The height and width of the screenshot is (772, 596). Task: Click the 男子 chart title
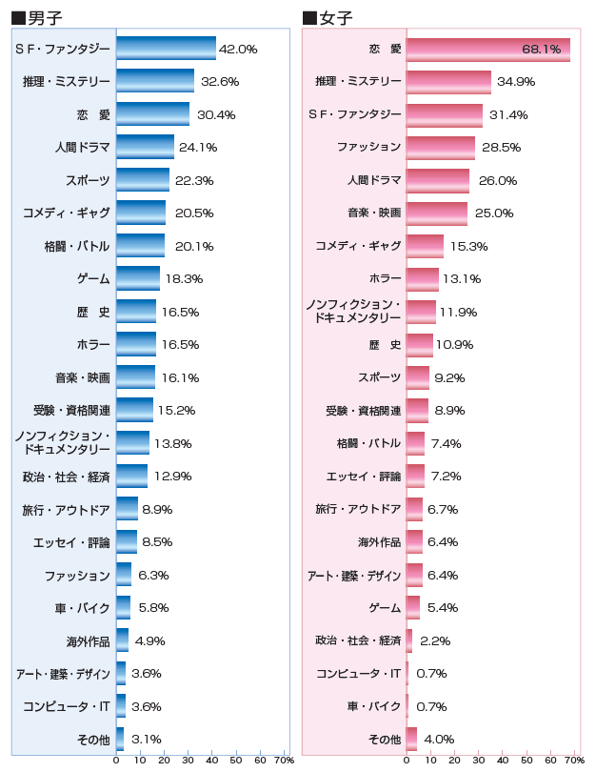[x=39, y=17]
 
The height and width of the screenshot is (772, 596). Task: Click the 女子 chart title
[x=329, y=17]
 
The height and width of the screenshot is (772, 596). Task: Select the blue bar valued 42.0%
[x=166, y=49]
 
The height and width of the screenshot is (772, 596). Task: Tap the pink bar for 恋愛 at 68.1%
[x=487, y=49]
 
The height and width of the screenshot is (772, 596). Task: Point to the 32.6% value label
[x=219, y=82]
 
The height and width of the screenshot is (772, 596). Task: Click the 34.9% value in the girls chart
[x=516, y=82]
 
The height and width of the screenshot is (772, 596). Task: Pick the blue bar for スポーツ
[x=143, y=180]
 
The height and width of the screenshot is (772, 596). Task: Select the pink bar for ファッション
[x=440, y=148]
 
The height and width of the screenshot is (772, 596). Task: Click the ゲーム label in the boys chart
[x=93, y=279]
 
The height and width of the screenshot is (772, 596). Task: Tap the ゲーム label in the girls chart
[x=385, y=608]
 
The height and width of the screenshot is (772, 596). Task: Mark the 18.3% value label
[x=184, y=279]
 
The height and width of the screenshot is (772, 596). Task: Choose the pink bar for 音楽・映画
[x=436, y=213]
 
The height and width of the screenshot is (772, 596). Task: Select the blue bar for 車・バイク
[x=123, y=608]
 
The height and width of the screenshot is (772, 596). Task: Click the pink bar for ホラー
[x=422, y=279]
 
